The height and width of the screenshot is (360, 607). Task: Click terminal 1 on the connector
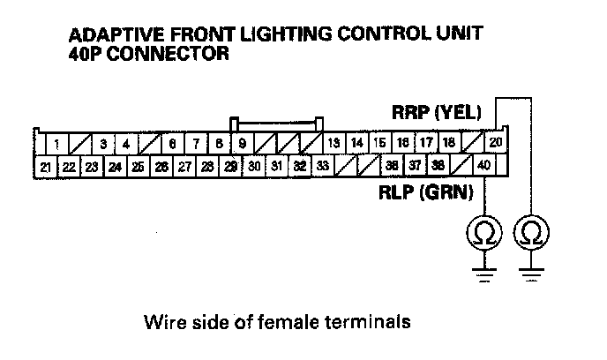pyautogui.click(x=56, y=143)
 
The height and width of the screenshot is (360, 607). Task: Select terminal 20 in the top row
pyautogui.click(x=496, y=143)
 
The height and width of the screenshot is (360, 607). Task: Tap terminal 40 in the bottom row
pyautogui.click(x=483, y=165)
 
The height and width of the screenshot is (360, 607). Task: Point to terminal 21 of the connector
pyautogui.click(x=45, y=165)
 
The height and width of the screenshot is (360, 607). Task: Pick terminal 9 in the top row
pyautogui.click(x=242, y=143)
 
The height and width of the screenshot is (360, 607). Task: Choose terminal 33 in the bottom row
pyautogui.click(x=322, y=165)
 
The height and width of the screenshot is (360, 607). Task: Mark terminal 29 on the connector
pyautogui.click(x=230, y=165)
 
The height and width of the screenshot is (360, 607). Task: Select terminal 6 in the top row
pyautogui.click(x=173, y=143)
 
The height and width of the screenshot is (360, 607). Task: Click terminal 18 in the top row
pyautogui.click(x=448, y=143)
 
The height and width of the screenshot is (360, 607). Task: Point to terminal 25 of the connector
pyautogui.click(x=138, y=165)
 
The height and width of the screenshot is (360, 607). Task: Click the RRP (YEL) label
pyautogui.click(x=436, y=113)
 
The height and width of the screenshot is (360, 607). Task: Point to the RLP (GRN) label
pyautogui.click(x=427, y=190)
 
